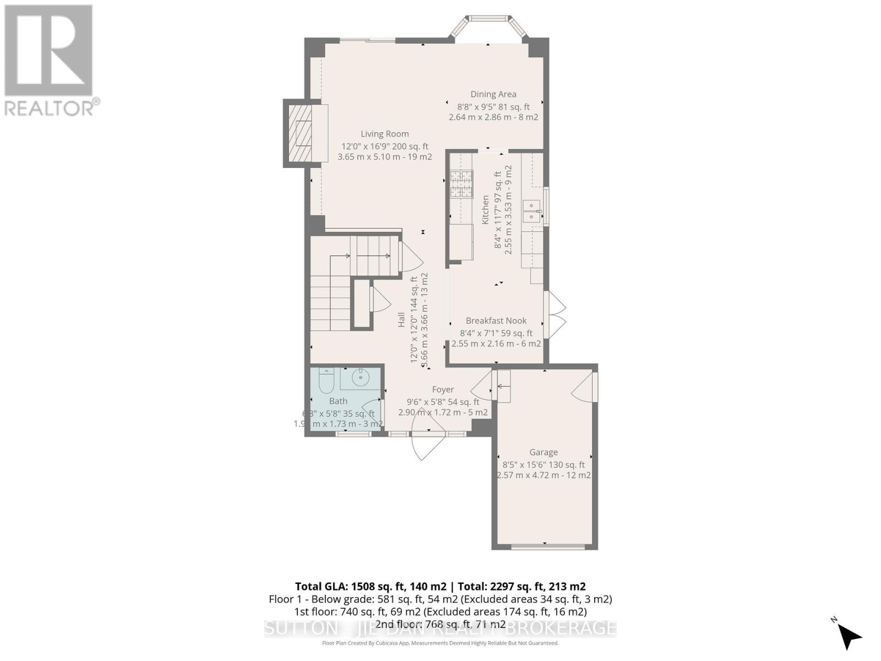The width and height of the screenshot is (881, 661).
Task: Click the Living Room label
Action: click(x=384, y=134)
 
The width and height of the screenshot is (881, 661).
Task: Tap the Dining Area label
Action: click(x=493, y=94)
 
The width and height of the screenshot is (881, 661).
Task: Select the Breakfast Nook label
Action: click(x=496, y=321)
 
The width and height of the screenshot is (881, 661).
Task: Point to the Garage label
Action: click(x=543, y=452)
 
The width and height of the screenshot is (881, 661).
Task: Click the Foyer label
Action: click(x=443, y=389)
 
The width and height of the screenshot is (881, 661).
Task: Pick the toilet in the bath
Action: click(x=326, y=380)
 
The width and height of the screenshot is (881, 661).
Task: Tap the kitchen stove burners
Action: click(x=461, y=184)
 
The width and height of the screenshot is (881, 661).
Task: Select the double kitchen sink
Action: click(x=531, y=211)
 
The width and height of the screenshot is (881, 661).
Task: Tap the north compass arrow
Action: click(x=850, y=636)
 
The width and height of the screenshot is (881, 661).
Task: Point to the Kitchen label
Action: click(x=486, y=209)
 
